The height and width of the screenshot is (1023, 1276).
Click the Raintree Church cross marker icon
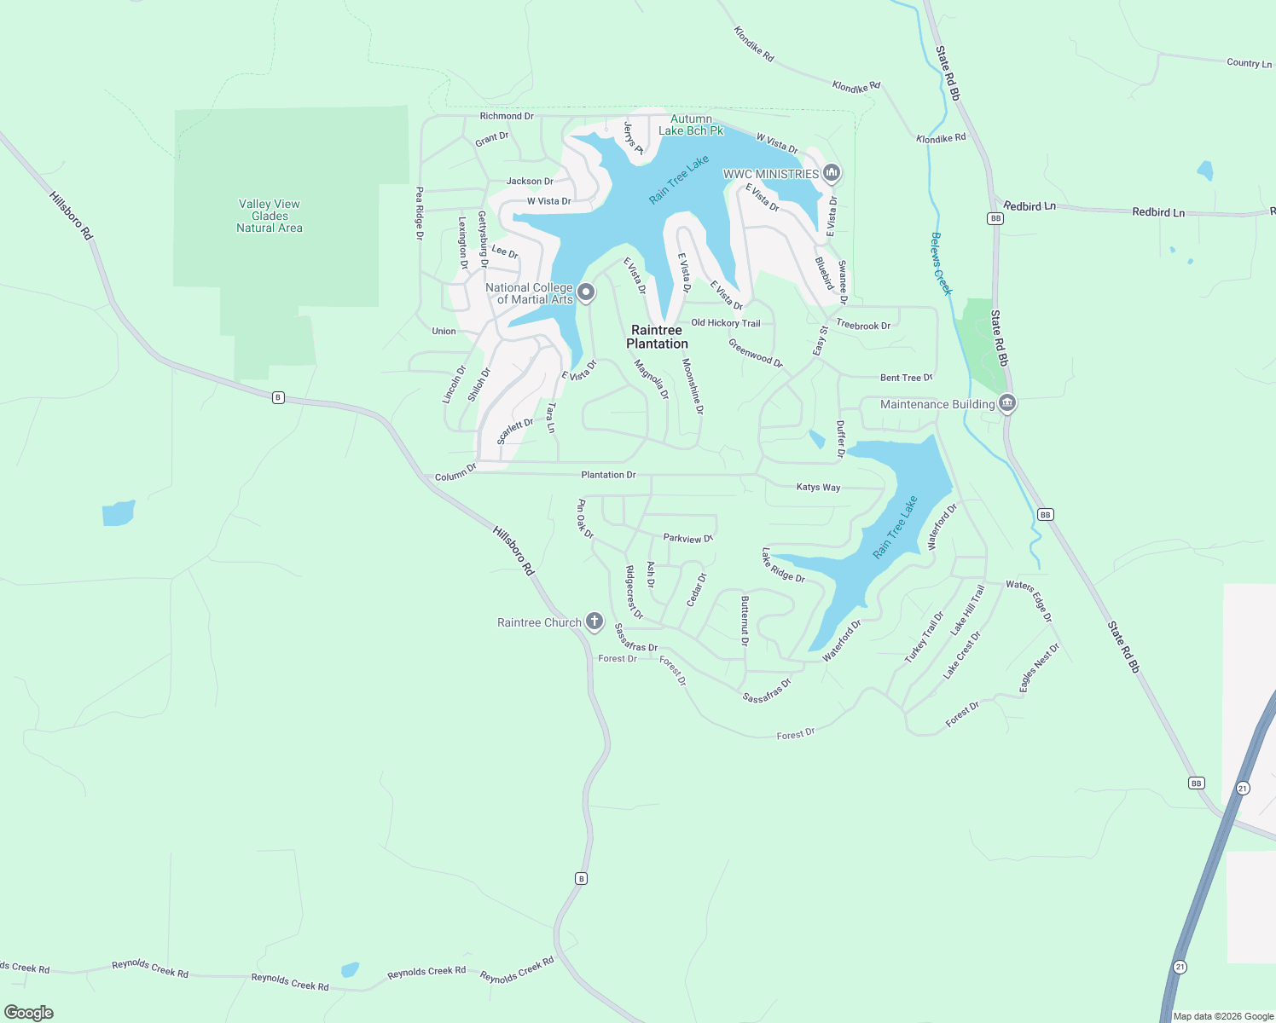coord(594,621)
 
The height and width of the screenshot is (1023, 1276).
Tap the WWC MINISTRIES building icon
coord(832,174)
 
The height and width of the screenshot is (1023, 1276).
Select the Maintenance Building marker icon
coord(1006,403)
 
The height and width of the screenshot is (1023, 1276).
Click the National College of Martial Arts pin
coord(586,293)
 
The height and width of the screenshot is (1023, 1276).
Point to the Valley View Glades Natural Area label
coord(270,216)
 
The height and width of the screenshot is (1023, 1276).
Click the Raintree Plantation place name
coord(657,337)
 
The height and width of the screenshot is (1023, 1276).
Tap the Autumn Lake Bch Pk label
coord(691,124)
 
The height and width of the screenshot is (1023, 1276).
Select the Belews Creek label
coord(942,264)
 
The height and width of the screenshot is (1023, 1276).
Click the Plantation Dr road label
coord(608,475)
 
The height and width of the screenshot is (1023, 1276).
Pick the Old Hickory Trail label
coord(725,323)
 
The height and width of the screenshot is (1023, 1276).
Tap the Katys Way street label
coord(818,488)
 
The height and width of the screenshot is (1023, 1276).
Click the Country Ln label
coord(1249,63)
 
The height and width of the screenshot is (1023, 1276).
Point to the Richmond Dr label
coord(507,116)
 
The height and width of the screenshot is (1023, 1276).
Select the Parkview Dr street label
coord(687,539)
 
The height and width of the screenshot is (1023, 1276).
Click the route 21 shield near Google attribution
coord(1180,967)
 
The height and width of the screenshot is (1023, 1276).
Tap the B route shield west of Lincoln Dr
coord(278,397)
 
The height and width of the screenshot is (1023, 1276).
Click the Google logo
coord(29,1013)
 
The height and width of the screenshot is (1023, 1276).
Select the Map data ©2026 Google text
coord(1223,1016)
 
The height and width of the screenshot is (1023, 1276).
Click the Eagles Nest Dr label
coord(1039,668)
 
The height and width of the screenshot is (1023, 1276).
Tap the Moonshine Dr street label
coord(693,386)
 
